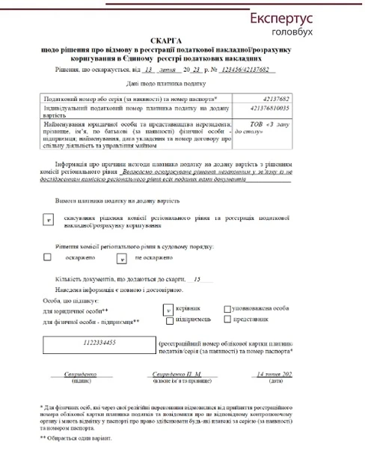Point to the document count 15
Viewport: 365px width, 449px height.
197,278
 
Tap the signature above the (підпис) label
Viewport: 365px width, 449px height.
82,373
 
